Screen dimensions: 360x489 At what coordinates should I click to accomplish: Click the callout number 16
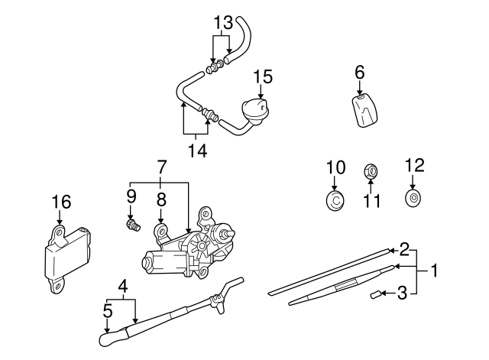coord(60,203)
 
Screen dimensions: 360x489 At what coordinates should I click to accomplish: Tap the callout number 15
coord(262,77)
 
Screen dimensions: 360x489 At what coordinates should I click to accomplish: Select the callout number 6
coord(359,73)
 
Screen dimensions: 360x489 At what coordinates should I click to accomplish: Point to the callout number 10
coord(336,167)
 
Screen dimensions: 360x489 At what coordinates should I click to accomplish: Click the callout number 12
coord(413,165)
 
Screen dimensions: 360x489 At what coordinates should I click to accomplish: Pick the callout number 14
coord(196,151)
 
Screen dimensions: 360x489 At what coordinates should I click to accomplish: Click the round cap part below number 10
coord(335,201)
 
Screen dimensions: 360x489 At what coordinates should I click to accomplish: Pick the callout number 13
coord(222,22)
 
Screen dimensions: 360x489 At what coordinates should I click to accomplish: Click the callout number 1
coord(434,270)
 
